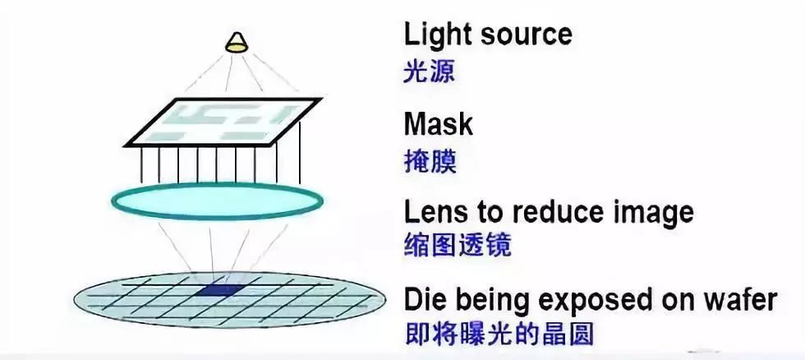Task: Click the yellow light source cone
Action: pos(237,43)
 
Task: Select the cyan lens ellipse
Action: pos(217,201)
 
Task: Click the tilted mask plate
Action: pos(223,122)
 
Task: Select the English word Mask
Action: pos(438,124)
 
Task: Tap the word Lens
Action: pos(439,212)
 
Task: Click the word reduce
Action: pos(558,212)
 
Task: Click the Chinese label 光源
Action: pos(429,73)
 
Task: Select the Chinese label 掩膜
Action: pos(430,162)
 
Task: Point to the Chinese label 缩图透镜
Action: pos(458,245)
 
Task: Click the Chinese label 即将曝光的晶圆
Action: pos(499,334)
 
